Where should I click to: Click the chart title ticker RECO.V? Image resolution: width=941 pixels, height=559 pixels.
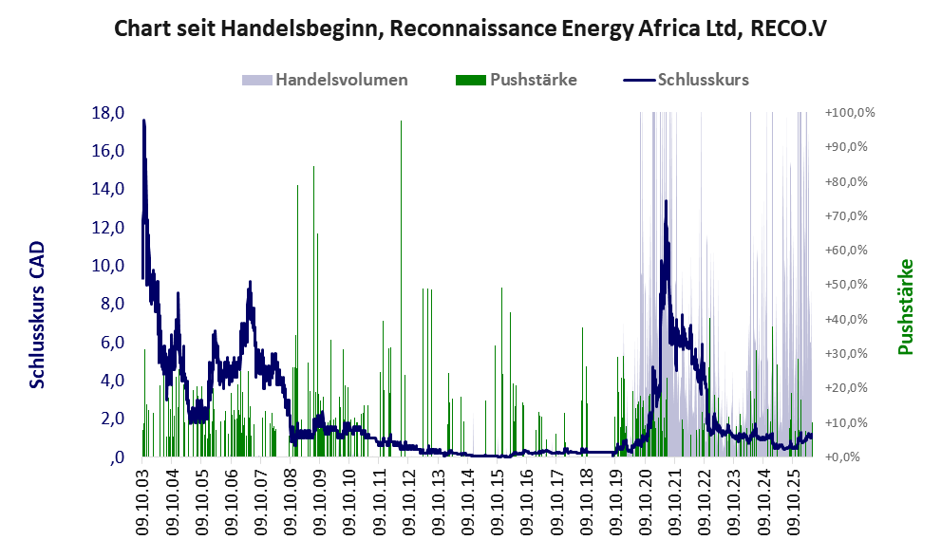point(788,28)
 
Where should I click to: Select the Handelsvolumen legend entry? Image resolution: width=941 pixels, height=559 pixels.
point(325,80)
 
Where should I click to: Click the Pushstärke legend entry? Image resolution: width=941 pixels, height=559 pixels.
point(517,80)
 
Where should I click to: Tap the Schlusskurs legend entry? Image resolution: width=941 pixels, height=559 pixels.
point(686,80)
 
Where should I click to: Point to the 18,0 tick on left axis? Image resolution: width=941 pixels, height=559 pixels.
point(108,113)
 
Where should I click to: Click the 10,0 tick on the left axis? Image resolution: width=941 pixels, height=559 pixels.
point(108,266)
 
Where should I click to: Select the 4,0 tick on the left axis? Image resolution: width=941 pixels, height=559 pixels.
point(112,381)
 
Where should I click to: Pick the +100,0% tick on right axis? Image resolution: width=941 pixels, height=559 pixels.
point(850,113)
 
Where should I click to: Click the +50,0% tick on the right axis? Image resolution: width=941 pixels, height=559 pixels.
point(847,285)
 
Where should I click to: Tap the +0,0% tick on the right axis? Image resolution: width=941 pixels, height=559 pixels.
point(843,457)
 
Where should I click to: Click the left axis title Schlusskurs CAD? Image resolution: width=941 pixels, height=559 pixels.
point(38,315)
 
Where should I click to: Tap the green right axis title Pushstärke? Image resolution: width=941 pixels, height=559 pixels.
point(905,307)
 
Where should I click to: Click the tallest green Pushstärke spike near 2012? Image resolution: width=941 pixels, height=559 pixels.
point(401,288)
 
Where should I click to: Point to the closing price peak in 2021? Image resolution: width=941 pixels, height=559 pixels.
point(666,201)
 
